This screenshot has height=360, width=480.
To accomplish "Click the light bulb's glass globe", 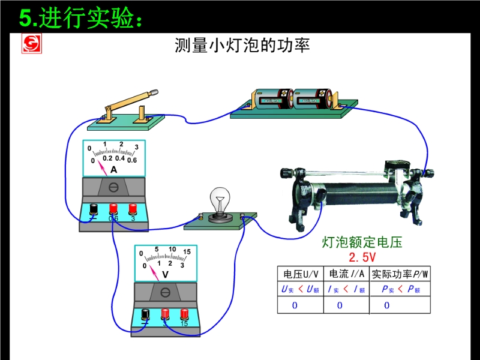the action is pyautogui.click(x=220, y=199).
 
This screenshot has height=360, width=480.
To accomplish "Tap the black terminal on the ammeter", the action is pyautogui.click(x=94, y=209).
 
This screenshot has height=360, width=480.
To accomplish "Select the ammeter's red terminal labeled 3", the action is pyautogui.click(x=133, y=209).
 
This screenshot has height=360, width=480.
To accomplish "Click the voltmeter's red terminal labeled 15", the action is pyautogui.click(x=184, y=314).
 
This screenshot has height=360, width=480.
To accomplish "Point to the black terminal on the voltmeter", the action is pyautogui.click(x=145, y=314).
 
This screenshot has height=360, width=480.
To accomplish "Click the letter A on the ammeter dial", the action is pyautogui.click(x=113, y=170).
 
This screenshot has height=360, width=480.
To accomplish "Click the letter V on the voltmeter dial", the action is pyautogui.click(x=166, y=275).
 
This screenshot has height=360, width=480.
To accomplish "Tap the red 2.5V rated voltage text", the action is pyautogui.click(x=362, y=257).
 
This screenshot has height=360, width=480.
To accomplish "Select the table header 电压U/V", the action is pyautogui.click(x=301, y=274).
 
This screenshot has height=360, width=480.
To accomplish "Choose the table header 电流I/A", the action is pyautogui.click(x=347, y=274).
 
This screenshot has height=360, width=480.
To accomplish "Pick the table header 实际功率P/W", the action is pyautogui.click(x=400, y=274).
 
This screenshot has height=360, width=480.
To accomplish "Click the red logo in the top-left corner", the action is pyautogui.click(x=32, y=44).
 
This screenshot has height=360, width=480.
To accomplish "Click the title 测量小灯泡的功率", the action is pyautogui.click(x=242, y=46).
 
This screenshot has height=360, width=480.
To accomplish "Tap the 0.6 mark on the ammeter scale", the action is pyautogui.click(x=132, y=160).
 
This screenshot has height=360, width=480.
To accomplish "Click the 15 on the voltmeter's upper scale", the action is pyautogui.click(x=187, y=251).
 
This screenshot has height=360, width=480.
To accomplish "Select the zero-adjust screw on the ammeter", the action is pyautogui.click(x=113, y=187).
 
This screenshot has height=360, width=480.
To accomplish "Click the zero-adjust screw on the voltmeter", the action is pyautogui.click(x=166, y=293).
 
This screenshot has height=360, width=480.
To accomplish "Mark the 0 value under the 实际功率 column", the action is pyautogui.click(x=386, y=305).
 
